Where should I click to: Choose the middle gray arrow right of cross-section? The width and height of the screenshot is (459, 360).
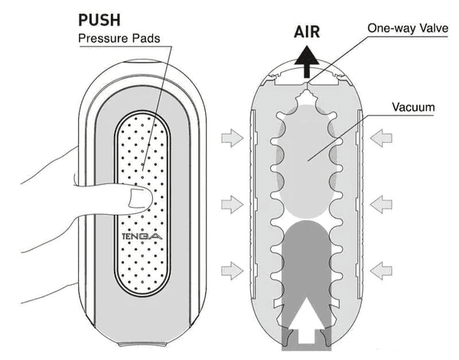coord(382,203)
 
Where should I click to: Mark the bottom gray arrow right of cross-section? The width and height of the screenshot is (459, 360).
coord(382,270)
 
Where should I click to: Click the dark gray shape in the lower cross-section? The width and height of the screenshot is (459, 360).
coord(305,260)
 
